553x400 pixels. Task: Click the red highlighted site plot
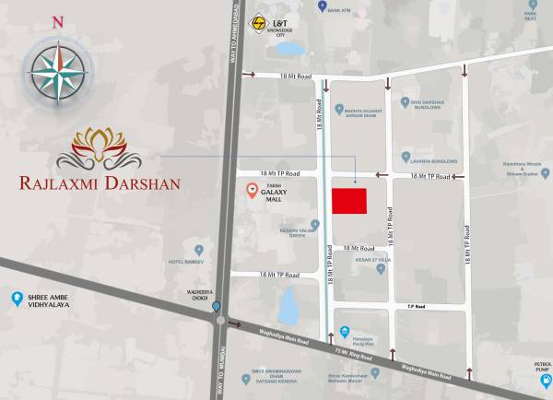click(348, 201)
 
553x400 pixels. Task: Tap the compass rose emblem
click(58, 71)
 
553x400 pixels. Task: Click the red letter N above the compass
click(58, 21)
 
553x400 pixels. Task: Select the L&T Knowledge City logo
click(260, 25)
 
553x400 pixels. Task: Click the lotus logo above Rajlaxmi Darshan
click(102, 147)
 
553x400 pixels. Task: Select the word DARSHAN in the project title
click(140, 182)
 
